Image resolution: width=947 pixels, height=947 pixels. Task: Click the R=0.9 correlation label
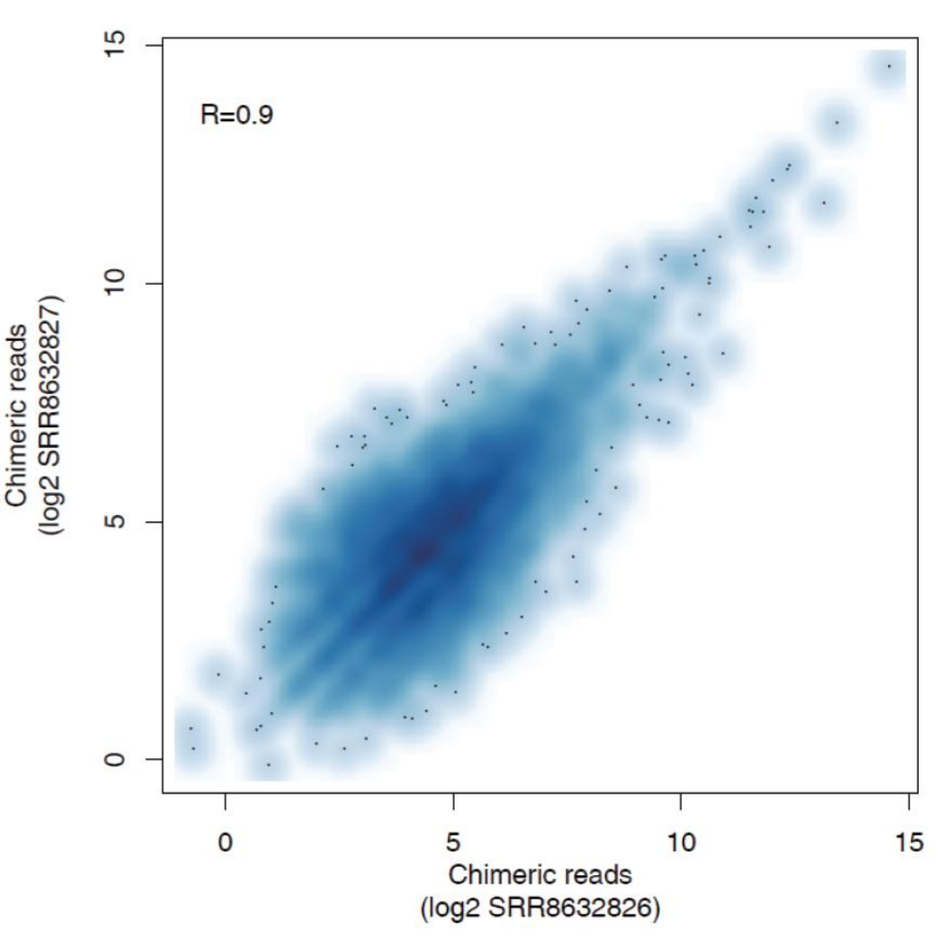coord(237,115)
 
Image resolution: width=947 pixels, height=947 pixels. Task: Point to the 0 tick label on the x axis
coord(225,842)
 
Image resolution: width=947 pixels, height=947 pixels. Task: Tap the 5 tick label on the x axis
coord(453,842)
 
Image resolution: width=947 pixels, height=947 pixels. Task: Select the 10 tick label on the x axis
coord(681,842)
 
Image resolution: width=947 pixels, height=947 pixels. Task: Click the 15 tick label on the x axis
coord(909,842)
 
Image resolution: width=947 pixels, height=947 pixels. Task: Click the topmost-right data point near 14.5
coord(889,66)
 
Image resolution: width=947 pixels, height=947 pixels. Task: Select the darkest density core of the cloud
coord(422,551)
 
